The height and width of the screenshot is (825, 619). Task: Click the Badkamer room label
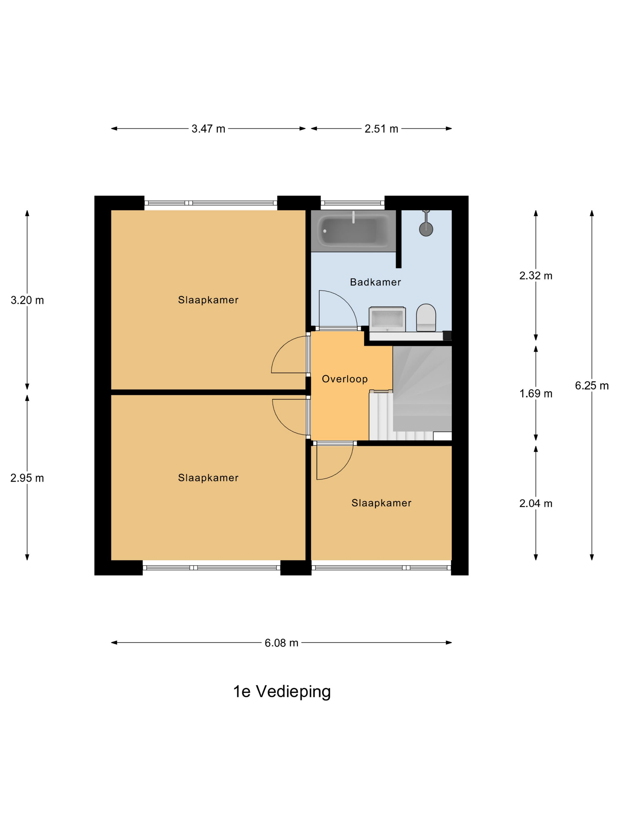click(x=375, y=282)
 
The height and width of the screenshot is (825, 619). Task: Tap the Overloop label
click(x=345, y=379)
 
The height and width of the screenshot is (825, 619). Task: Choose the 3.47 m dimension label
click(x=208, y=129)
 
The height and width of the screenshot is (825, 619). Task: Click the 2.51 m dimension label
click(x=381, y=129)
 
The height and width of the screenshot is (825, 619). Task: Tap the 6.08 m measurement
click(x=281, y=643)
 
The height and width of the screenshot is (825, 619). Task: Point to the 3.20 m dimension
click(x=27, y=300)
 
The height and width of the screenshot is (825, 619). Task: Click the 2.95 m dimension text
click(x=27, y=478)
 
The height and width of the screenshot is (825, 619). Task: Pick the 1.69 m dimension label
click(x=536, y=393)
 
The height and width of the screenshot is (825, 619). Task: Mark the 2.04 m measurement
click(x=536, y=504)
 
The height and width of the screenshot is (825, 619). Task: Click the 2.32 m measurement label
click(x=536, y=275)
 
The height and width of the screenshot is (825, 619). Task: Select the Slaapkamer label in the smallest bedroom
click(x=381, y=503)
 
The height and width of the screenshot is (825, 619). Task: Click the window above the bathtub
click(x=353, y=203)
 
